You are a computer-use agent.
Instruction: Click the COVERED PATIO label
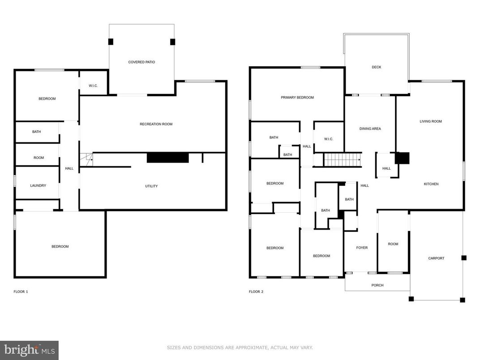click(x=141, y=62)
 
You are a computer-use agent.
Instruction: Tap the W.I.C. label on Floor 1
click(x=93, y=86)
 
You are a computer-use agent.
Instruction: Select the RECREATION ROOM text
click(x=156, y=124)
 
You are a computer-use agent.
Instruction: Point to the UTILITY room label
click(x=151, y=186)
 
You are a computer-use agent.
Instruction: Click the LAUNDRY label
click(x=38, y=186)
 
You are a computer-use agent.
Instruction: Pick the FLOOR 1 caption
click(x=21, y=292)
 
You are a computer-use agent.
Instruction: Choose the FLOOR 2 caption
click(x=256, y=292)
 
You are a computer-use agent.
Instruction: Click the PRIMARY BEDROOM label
click(x=297, y=98)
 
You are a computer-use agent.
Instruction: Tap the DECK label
click(x=377, y=67)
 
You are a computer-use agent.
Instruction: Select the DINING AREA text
click(x=370, y=129)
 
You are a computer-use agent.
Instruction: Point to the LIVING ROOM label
click(x=431, y=121)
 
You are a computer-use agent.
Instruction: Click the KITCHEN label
click(x=432, y=184)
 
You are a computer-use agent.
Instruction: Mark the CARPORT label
click(x=436, y=258)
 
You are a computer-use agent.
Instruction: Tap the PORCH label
click(x=377, y=285)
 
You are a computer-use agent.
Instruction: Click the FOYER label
click(x=362, y=248)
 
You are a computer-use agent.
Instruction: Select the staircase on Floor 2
click(x=343, y=159)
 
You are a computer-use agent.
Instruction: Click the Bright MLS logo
click(x=29, y=350)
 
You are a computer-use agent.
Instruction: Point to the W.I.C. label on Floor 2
click(x=329, y=139)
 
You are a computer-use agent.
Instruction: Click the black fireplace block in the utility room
click(x=168, y=158)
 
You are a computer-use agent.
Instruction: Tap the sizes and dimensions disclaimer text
click(x=240, y=347)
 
